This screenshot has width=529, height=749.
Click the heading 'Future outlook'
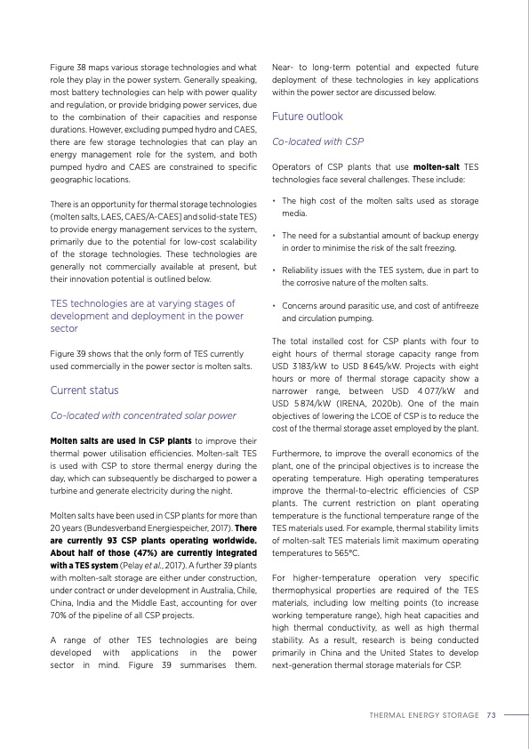[307, 117]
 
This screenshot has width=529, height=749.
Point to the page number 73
[491, 714]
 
